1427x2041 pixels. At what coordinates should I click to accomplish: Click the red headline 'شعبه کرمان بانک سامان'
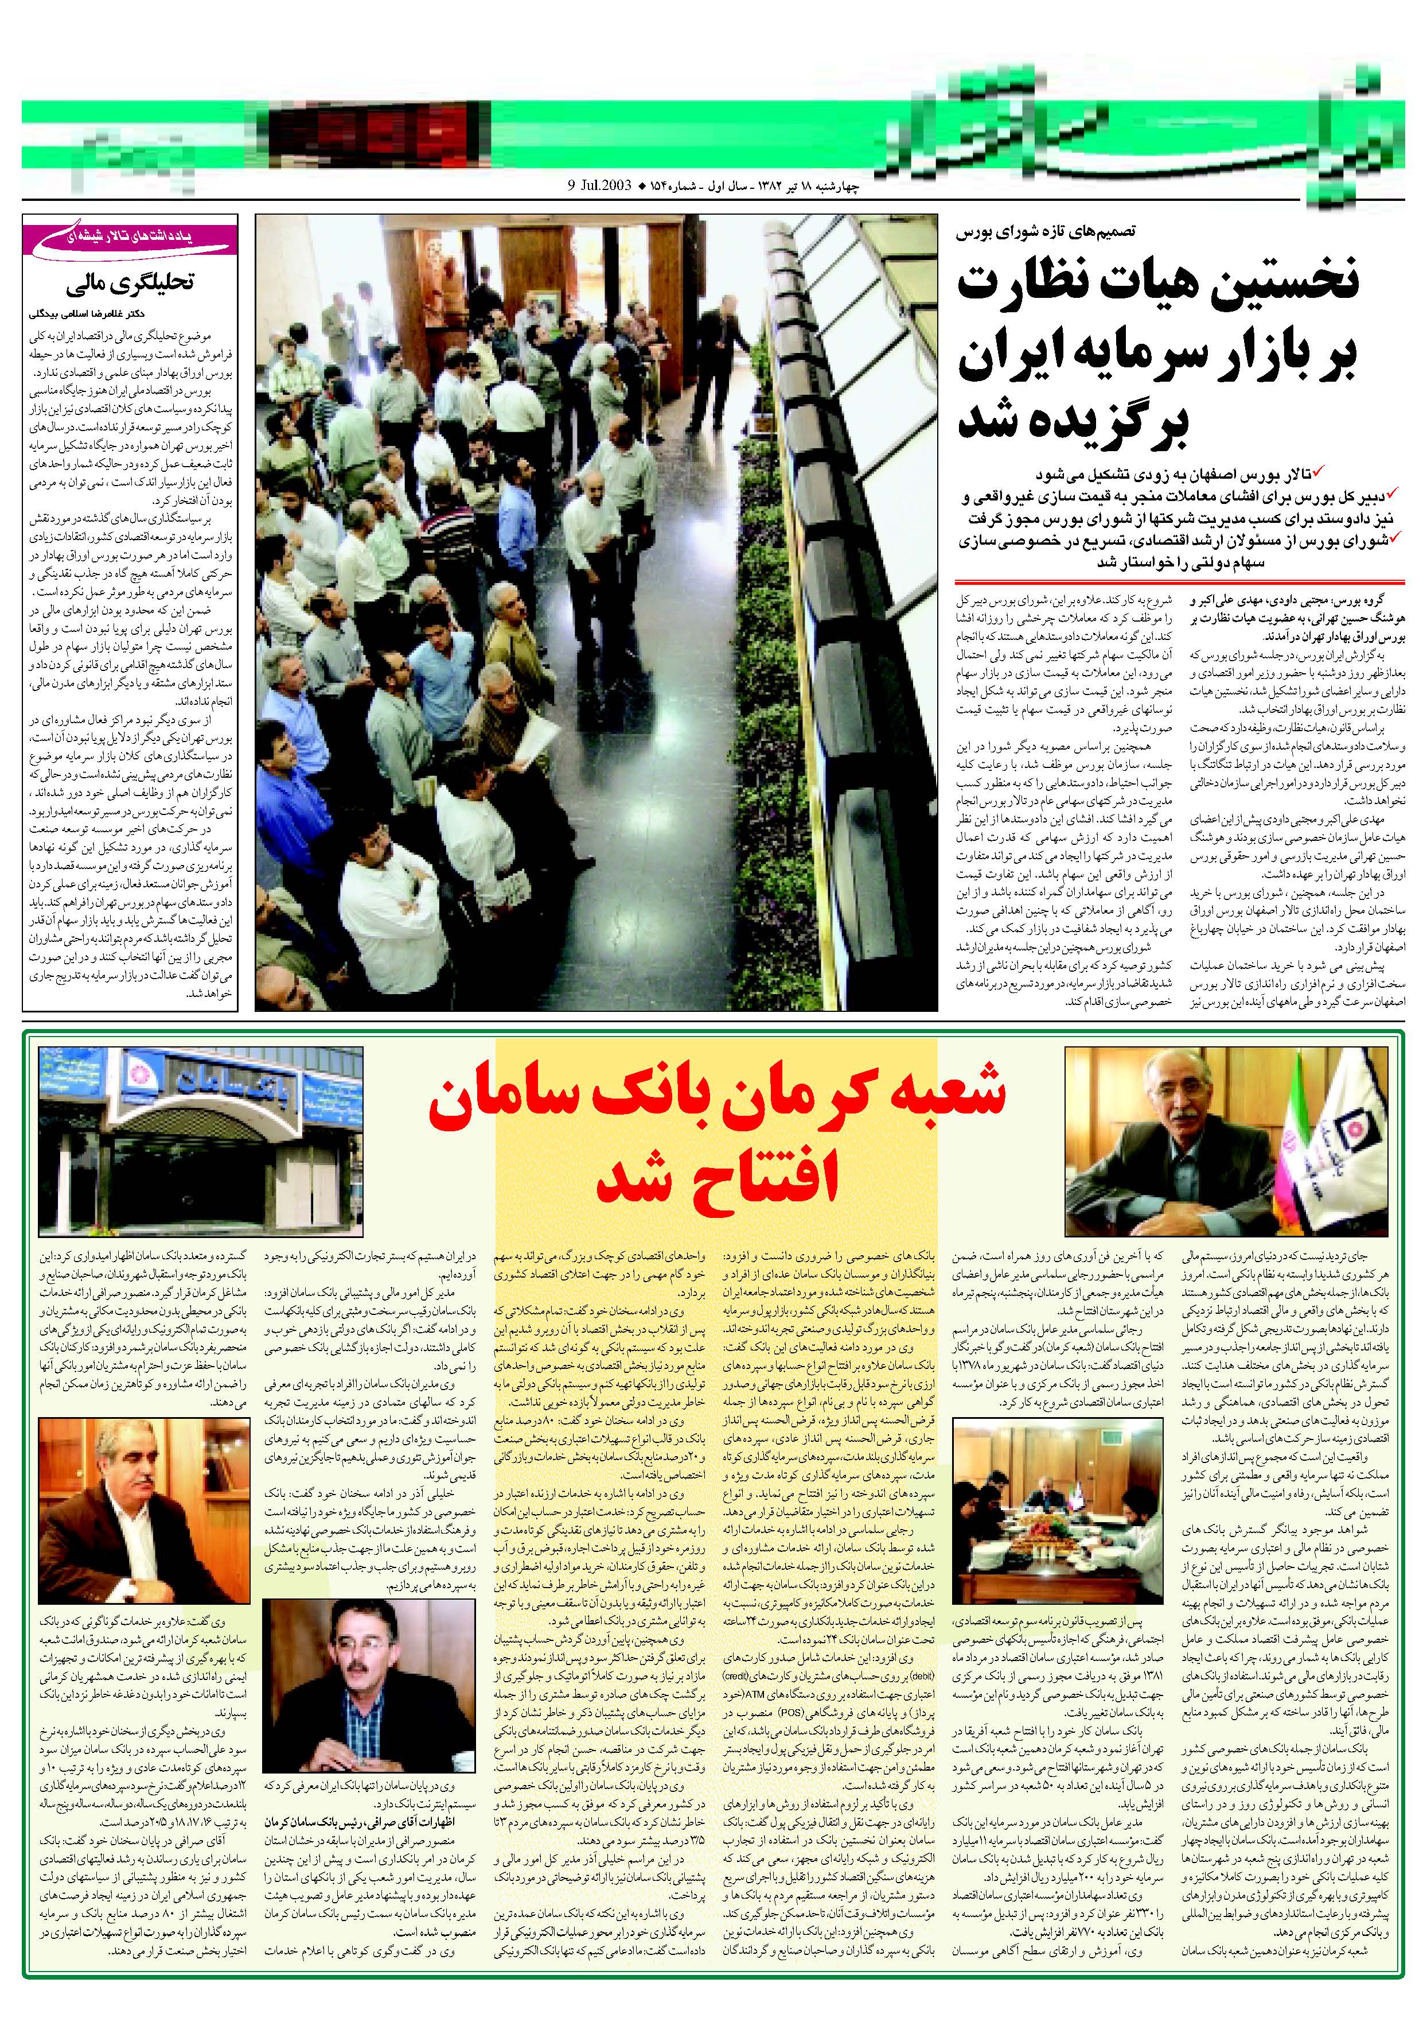pos(716,1100)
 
